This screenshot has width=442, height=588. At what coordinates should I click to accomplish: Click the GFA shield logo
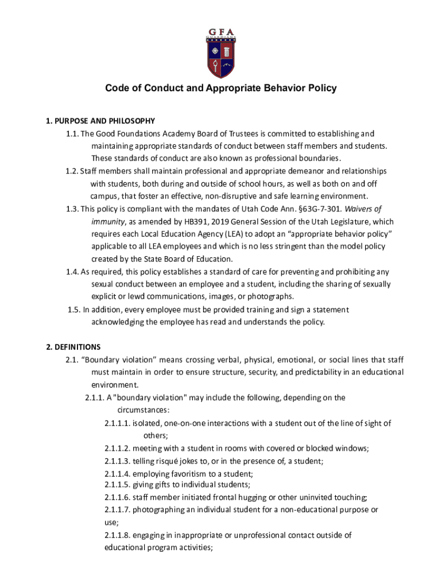pyautogui.click(x=220, y=53)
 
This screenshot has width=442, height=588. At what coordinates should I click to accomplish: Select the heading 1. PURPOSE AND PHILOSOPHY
pyautogui.click(x=100, y=121)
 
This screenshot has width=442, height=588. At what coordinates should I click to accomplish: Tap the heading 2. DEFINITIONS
pyautogui.click(x=73, y=347)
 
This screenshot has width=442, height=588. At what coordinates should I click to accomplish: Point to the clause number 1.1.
pyautogui.click(x=72, y=134)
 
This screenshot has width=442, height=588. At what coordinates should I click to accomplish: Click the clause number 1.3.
pyautogui.click(x=72, y=209)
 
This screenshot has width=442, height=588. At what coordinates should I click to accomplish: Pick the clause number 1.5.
pyautogui.click(x=73, y=310)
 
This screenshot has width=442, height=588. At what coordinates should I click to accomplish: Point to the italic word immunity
pyautogui.click(x=107, y=222)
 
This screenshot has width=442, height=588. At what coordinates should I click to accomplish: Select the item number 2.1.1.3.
pyautogui.click(x=117, y=461)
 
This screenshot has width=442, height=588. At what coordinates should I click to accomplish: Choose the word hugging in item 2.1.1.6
pyautogui.click(x=249, y=497)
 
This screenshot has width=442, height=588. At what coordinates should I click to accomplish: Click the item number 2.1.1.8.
pyautogui.click(x=117, y=535)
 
